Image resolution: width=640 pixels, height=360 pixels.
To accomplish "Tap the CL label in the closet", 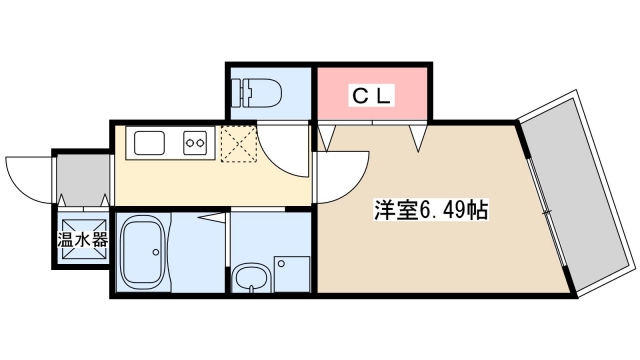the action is pos(373,96).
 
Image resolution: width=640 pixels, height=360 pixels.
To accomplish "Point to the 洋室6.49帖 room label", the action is pos(431,211).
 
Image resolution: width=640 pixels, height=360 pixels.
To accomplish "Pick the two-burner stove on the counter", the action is pos(195,144).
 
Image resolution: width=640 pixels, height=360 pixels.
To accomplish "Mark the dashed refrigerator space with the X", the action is pos(239,146).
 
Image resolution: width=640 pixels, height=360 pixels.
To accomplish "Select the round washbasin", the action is pos(250,276).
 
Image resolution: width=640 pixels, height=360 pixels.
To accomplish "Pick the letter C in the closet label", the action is pos(357,96).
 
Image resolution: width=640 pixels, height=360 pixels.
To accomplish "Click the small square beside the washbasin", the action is pos(281,264).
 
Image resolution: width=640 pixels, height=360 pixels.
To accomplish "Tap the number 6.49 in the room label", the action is pos(442,211).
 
